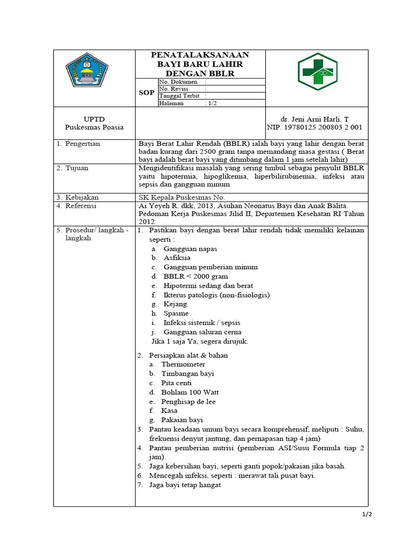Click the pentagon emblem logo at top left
(86, 72)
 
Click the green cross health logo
(317, 70)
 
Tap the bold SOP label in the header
(146, 92)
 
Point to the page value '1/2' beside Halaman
(212, 104)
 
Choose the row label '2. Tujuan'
(73, 168)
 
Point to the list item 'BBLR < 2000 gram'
(195, 276)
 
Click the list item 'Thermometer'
(183, 364)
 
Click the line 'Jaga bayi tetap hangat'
(185, 485)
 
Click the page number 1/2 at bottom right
(366, 514)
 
